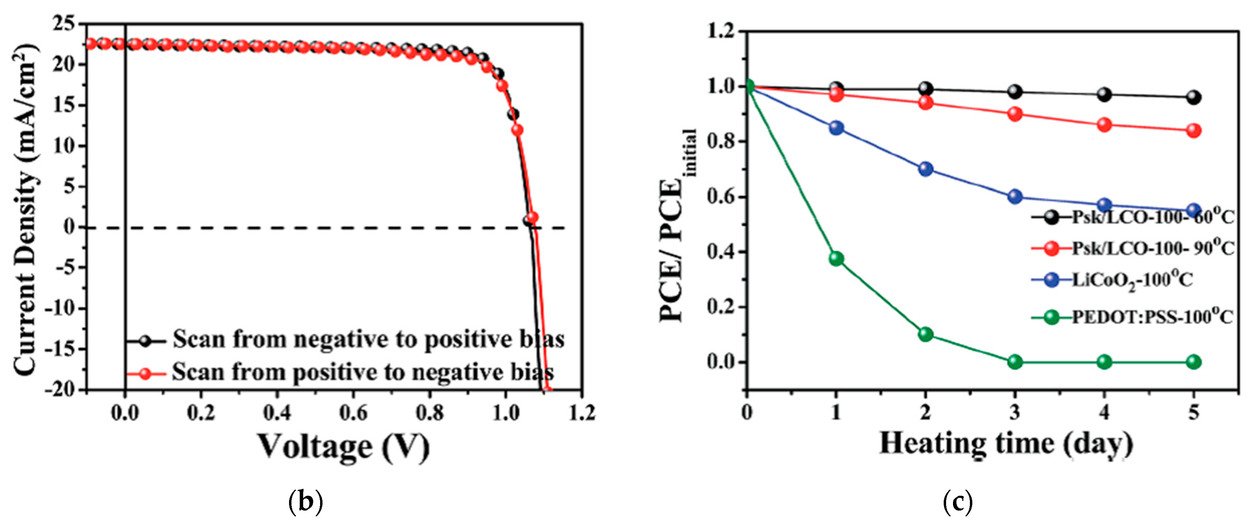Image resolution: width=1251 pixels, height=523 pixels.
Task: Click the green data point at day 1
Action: coord(836,258)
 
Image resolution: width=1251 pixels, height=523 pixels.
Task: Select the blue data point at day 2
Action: coord(926,169)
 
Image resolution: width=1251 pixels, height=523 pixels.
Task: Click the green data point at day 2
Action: coord(926,334)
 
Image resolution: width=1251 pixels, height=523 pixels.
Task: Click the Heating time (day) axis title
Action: coord(1006,443)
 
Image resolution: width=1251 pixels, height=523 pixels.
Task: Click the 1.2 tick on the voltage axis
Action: coord(582,414)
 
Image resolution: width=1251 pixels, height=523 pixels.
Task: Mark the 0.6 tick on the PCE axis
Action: coord(722,197)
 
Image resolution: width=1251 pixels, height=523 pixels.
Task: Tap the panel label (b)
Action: coord(306,501)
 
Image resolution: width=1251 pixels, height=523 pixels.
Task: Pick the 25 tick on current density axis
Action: coord(65,23)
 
